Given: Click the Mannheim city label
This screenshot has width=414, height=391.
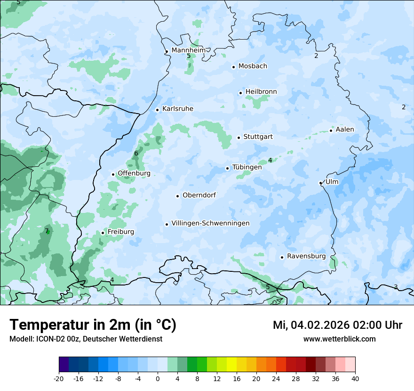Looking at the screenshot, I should coord(188,50).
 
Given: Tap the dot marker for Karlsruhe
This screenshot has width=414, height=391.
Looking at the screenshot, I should coord(157,110).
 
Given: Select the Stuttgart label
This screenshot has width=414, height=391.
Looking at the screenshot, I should coord(258,137).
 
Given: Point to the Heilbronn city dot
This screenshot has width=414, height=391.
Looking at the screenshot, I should coord(240,93).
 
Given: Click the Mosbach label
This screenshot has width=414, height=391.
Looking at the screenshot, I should coord(253,66).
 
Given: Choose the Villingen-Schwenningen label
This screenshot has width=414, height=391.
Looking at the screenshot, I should coord(210,223).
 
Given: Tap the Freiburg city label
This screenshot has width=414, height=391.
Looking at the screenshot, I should coord(120,232).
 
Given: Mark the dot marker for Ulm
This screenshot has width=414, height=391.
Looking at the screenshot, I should coord(320,183).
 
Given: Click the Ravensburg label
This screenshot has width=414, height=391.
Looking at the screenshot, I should coord(306,256).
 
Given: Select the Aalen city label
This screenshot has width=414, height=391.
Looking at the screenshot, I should coord(345,130).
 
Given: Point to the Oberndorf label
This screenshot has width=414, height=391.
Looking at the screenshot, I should coord(199,195).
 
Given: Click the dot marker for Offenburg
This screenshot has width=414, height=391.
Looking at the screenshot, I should coord(113,174).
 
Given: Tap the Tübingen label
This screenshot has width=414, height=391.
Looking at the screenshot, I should coord(247,167).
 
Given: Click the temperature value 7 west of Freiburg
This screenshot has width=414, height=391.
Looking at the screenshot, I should coord(47,231).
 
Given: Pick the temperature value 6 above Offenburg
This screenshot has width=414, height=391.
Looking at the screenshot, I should coord(136,153).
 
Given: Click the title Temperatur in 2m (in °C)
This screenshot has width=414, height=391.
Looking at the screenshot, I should coord(93,325).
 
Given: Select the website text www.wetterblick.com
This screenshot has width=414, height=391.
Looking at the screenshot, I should coord(339,339).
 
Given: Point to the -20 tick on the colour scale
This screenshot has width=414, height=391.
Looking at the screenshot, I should coord(59,378).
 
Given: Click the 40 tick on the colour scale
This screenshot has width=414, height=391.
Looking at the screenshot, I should coord(355,378).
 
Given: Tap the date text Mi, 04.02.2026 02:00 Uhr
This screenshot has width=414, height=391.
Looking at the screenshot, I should coord(337,325).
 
